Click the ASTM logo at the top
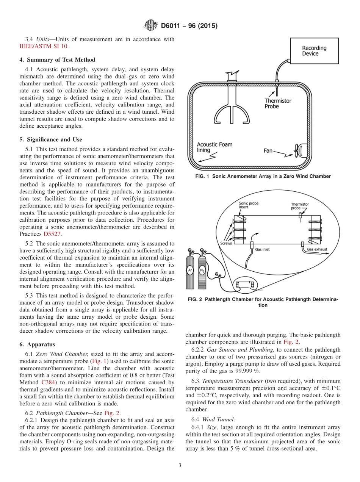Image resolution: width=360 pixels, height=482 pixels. (151, 26)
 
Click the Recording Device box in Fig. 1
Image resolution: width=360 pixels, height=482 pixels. (314, 51)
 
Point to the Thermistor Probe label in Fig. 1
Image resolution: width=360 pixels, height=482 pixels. (277, 103)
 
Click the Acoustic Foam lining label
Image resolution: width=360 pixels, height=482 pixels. (214, 147)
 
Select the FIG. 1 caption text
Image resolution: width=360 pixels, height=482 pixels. (263, 176)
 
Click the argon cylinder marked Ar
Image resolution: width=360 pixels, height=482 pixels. (190, 271)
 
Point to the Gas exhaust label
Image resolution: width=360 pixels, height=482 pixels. (317, 250)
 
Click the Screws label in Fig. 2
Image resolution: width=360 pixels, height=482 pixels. (226, 243)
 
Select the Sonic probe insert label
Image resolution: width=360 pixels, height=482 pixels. (249, 205)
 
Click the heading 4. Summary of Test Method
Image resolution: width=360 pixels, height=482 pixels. (57, 60)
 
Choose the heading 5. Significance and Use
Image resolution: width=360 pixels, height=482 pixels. (51, 140)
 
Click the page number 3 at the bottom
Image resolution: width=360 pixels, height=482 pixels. (180, 466)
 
